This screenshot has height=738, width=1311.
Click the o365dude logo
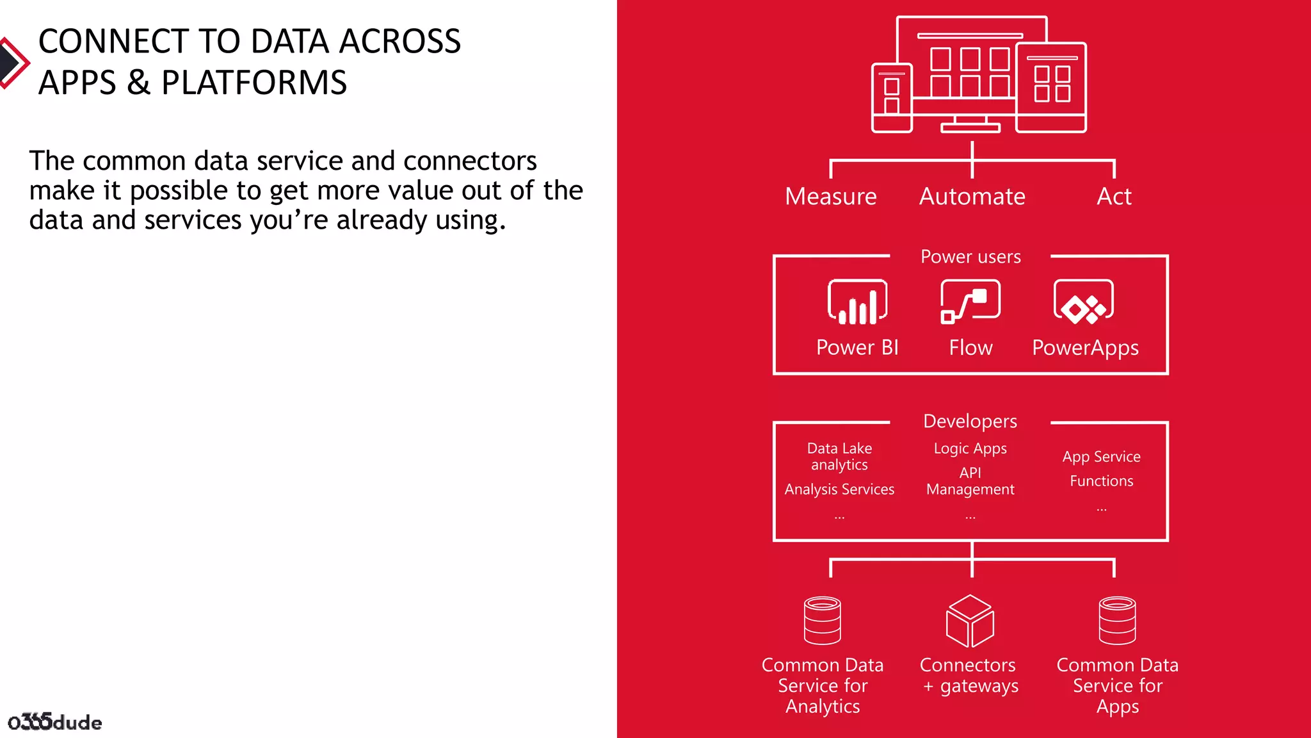coord(55,722)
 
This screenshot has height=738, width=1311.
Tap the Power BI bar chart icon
coord(857,302)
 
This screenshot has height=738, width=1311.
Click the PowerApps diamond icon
coord(1084,302)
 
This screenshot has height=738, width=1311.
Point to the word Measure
coord(830,196)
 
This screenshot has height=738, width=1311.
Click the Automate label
coord(972,196)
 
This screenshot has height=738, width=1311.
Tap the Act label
coord(1114,196)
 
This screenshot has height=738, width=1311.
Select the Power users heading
coord(970,257)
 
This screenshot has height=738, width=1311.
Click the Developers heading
coord(970,421)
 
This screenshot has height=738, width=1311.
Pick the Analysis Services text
coord(839,489)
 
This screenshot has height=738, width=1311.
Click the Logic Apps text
coord(970,448)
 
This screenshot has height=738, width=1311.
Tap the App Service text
coord(1101,457)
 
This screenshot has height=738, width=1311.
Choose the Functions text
coord(1101,481)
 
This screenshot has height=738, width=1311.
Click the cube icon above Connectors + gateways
coord(970,621)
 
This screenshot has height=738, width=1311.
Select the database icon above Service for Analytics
coord(823,620)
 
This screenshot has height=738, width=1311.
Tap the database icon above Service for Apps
coord(1117,620)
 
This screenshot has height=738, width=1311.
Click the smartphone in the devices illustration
coord(892,98)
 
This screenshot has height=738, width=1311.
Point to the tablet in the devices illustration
coord(1051,87)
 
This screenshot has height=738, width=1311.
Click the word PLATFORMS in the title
coord(254,83)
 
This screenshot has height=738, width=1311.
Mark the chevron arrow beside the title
coord(13,63)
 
